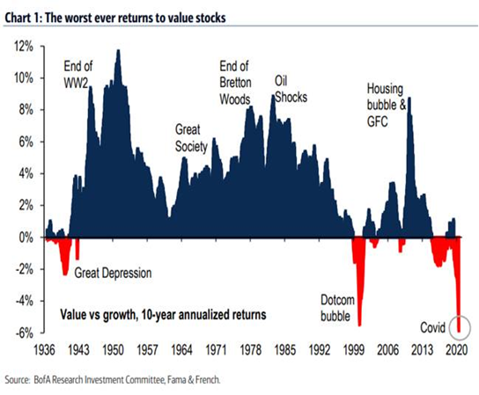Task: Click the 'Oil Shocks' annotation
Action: [291, 89]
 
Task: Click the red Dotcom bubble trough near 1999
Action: [358, 290]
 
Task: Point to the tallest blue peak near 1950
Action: [118, 53]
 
